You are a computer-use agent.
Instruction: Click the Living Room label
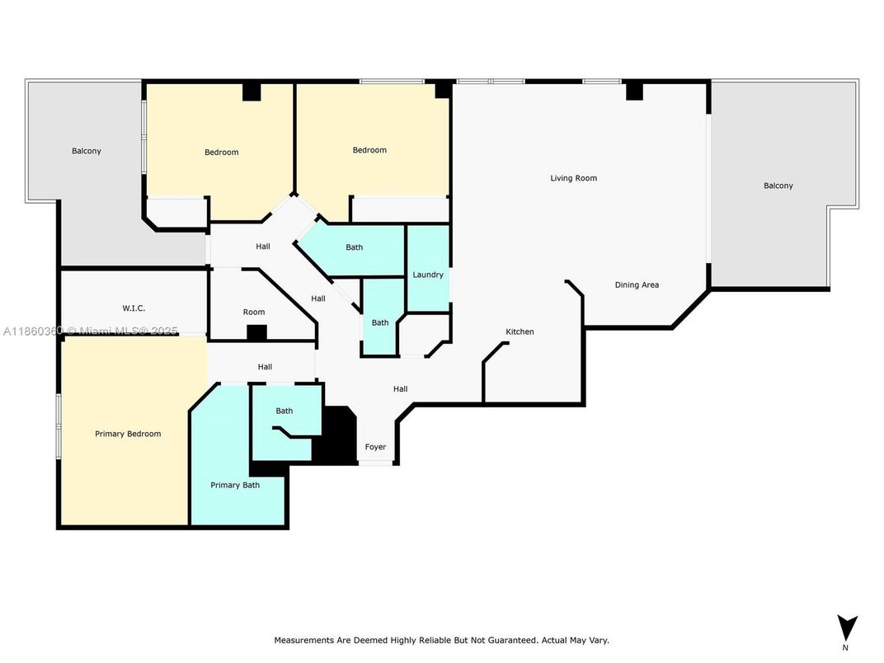tap(573, 178)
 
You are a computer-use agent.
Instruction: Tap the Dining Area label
tap(637, 285)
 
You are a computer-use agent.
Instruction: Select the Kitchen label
tap(520, 331)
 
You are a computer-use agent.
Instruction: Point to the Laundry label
tap(428, 275)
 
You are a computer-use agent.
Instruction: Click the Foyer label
tap(375, 447)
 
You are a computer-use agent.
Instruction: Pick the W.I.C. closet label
tap(134, 308)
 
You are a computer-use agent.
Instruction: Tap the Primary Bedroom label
tap(128, 434)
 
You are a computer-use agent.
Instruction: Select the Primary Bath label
tap(235, 485)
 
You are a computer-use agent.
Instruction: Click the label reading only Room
tap(254, 313)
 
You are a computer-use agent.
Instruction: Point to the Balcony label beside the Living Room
tap(778, 186)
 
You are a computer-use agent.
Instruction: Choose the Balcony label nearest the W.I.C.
tap(87, 151)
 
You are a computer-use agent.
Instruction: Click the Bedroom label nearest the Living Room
tap(369, 151)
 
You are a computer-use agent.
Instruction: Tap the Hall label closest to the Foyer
tap(400, 389)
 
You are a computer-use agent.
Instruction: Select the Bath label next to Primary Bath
tap(284, 411)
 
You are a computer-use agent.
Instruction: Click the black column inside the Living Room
tap(634, 91)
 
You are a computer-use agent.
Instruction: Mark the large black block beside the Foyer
tap(336, 435)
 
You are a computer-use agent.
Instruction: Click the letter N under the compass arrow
tap(845, 648)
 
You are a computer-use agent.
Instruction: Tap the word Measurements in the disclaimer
tap(303, 641)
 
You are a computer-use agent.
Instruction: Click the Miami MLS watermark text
tap(90, 331)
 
